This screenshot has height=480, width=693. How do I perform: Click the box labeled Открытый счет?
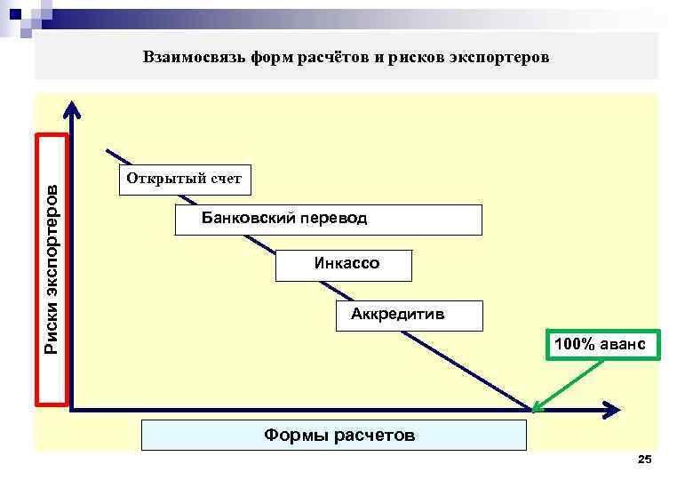click(x=184, y=179)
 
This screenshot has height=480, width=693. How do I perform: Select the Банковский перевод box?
click(x=328, y=220)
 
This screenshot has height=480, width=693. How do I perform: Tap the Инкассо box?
click(x=345, y=265)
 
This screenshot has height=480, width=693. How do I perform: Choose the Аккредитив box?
click(x=410, y=316)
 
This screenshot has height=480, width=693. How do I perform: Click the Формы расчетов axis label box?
click(x=334, y=435)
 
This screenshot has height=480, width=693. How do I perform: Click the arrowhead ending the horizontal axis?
click(x=610, y=410)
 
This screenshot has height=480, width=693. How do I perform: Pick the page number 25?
click(x=645, y=459)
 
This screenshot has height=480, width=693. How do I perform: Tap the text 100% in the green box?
click(x=571, y=343)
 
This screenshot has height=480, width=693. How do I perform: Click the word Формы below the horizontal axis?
click(x=295, y=435)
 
